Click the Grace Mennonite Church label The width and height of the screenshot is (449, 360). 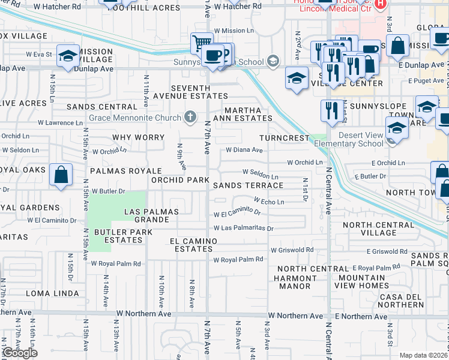(x=135, y=118)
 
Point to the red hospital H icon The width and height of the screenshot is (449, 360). (x=379, y=5)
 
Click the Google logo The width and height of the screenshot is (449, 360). (x=20, y=353)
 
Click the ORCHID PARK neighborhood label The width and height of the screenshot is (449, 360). (x=180, y=180)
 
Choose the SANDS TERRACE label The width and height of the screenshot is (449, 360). (x=249, y=185)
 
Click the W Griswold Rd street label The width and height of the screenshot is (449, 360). (x=292, y=250)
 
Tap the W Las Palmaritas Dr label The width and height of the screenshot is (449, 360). (x=244, y=228)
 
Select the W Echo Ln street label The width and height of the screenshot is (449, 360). (x=269, y=202)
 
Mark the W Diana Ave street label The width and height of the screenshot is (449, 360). (x=244, y=150)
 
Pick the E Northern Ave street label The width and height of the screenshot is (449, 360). (x=361, y=316)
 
